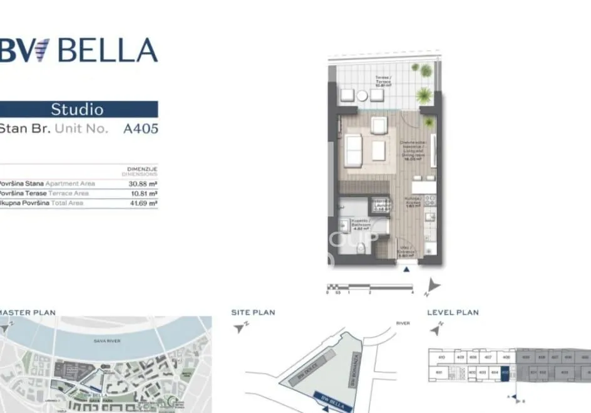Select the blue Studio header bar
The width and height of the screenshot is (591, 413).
click(x=78, y=109)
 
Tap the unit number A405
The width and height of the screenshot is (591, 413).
click(x=141, y=129)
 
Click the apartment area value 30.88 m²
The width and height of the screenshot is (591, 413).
click(x=143, y=184)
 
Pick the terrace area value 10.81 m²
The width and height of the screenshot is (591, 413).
click(x=143, y=193)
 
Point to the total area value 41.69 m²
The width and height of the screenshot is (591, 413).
click(x=143, y=203)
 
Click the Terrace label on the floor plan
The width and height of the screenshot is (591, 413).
click(x=383, y=80)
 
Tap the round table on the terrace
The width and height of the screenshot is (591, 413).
click(x=362, y=96)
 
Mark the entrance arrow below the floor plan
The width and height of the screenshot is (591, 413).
click(x=407, y=269)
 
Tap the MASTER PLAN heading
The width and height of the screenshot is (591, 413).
click(x=28, y=312)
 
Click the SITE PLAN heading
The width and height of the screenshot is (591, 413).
click(x=253, y=312)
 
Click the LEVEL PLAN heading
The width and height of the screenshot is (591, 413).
click(x=453, y=312)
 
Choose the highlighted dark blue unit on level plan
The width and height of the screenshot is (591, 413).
click(x=505, y=372)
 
